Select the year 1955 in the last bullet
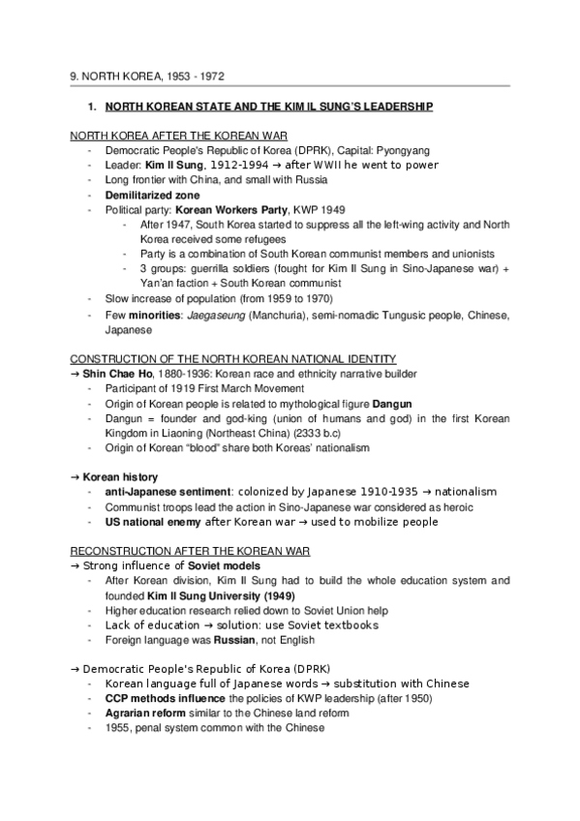coord(118,727)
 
